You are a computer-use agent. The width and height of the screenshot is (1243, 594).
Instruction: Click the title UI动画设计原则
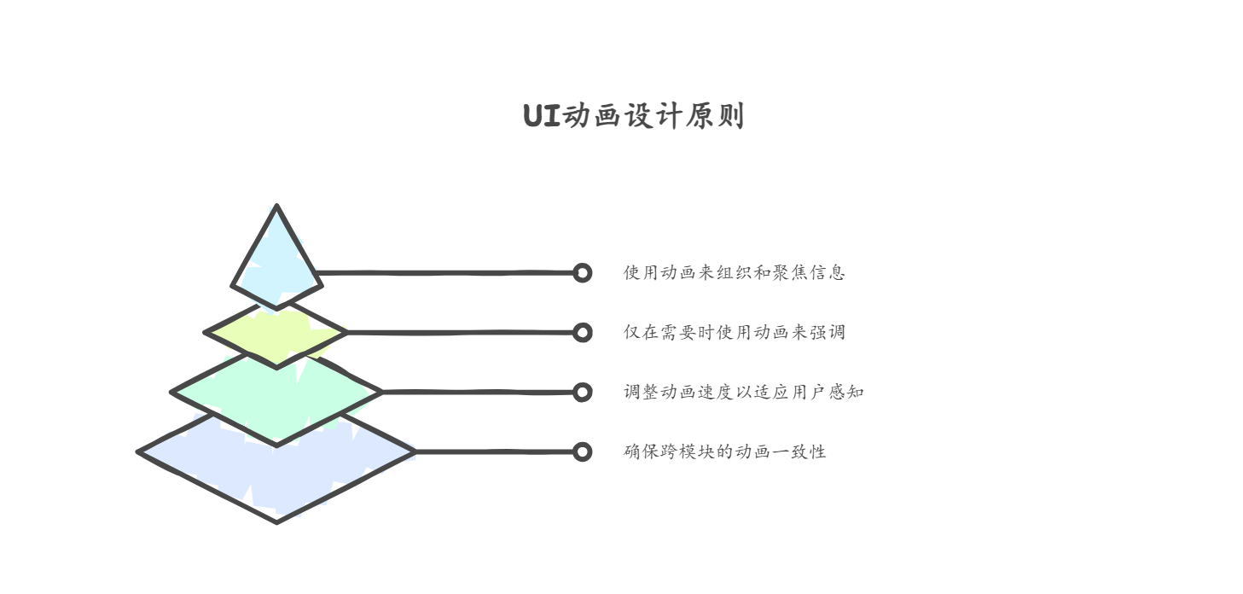pyautogui.click(x=633, y=116)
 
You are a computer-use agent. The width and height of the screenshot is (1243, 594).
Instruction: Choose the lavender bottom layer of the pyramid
pyautogui.click(x=276, y=472)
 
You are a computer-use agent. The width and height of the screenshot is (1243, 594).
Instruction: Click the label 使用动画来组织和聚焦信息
pyautogui.click(x=735, y=272)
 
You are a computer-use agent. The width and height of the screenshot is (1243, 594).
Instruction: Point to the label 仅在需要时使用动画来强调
pyautogui.click(x=735, y=332)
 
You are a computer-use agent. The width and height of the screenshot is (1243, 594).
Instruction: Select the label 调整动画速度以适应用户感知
pyautogui.click(x=744, y=392)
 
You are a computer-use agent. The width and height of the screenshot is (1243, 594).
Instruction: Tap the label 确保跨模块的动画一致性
pyautogui.click(x=724, y=451)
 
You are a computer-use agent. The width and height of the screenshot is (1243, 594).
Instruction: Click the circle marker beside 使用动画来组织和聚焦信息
pyautogui.click(x=582, y=273)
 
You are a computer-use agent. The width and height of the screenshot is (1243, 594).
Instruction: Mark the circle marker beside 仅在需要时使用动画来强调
pyautogui.click(x=582, y=333)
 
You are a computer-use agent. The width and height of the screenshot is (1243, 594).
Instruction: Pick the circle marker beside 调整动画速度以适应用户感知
pyautogui.click(x=582, y=393)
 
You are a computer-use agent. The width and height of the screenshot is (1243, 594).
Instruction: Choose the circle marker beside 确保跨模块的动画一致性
pyautogui.click(x=582, y=451)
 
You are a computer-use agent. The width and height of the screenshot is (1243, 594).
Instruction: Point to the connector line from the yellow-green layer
pyautogui.click(x=460, y=333)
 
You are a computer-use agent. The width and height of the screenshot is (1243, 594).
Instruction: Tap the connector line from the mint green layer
pyautogui.click(x=477, y=393)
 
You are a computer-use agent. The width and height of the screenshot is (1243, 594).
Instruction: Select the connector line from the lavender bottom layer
pyautogui.click(x=494, y=451)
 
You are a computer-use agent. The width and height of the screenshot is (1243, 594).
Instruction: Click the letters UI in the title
pyautogui.click(x=542, y=116)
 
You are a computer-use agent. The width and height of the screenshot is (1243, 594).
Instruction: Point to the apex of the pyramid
pyautogui.click(x=276, y=205)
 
